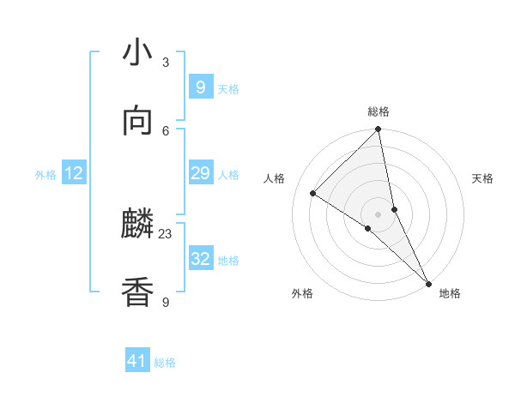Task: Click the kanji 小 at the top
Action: (137, 53)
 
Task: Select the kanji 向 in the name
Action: (137, 121)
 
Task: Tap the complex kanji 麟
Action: (137, 226)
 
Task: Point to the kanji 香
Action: (137, 292)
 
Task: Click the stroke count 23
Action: (166, 233)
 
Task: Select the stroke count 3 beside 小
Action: (166, 62)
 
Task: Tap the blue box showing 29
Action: (200, 174)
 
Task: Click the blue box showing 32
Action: (200, 259)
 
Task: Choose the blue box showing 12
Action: (74, 174)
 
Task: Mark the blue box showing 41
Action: (136, 362)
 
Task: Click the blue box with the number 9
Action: (200, 87)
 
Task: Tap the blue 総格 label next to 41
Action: (165, 364)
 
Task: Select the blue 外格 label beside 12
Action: (45, 175)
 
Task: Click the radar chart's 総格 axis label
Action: (379, 111)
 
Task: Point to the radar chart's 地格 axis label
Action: (450, 293)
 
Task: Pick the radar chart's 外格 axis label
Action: (302, 293)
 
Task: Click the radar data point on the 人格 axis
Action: (313, 194)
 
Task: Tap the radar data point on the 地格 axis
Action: (429, 283)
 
